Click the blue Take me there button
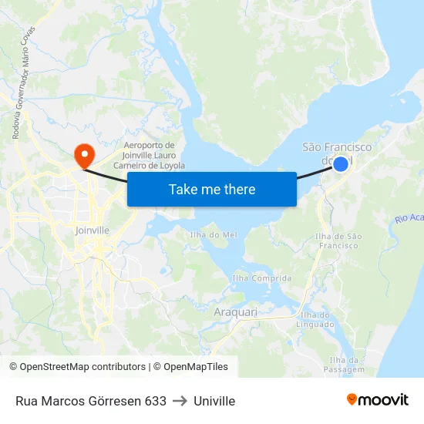212,189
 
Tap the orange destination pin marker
83,155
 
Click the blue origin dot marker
340,163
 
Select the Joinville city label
92,230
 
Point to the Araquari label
235,313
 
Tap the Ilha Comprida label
262,278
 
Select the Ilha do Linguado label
315,319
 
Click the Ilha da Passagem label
346,365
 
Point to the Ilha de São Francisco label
337,241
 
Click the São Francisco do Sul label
336,153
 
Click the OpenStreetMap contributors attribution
77,367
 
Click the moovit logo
377,399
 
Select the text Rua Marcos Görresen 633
91,401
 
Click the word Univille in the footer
214,401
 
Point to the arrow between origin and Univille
180,401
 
